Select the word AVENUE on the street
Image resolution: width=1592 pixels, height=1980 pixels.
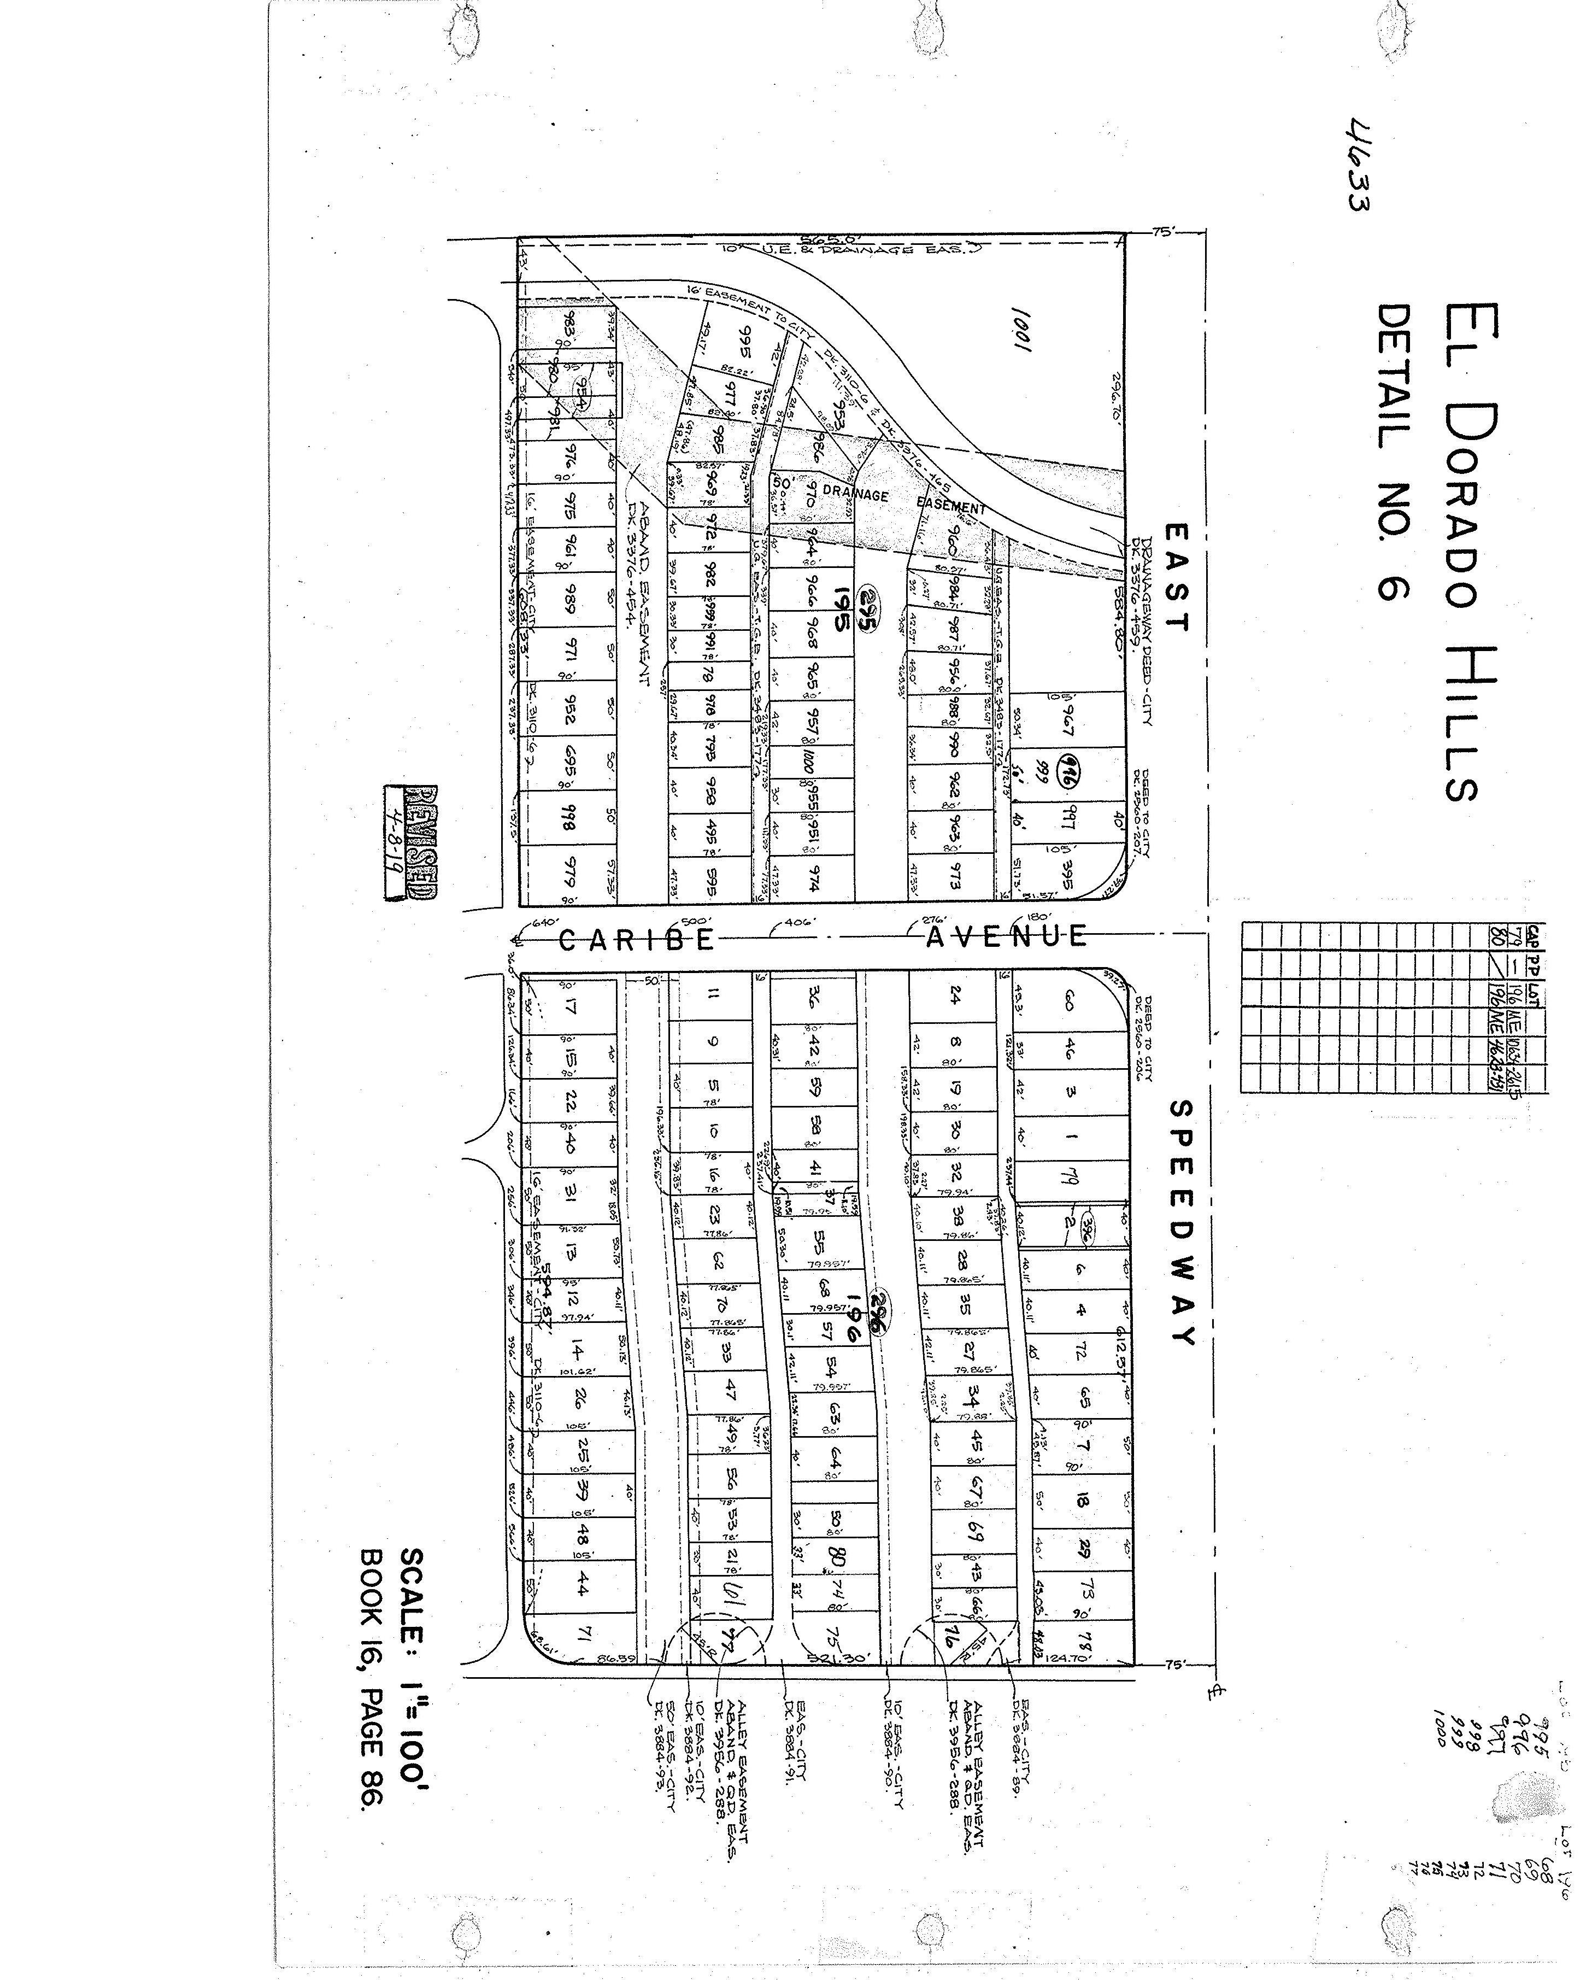(1006, 937)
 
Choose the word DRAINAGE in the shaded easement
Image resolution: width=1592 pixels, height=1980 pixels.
(856, 494)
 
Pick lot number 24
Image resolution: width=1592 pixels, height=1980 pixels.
(955, 994)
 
